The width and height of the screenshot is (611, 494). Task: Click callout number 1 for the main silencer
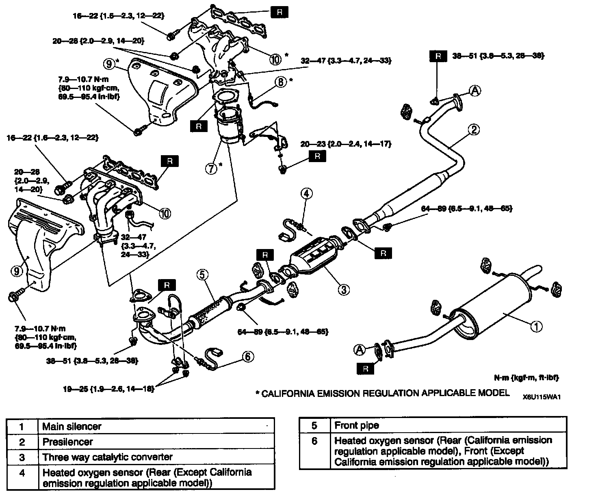(537, 326)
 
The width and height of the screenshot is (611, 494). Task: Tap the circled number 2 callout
(474, 130)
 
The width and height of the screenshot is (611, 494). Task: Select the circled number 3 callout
(343, 289)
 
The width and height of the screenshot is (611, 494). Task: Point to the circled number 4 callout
(307, 193)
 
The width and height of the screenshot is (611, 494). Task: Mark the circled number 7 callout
(211, 168)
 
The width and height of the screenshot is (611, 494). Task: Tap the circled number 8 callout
(280, 82)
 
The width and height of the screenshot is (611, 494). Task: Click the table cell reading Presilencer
(67, 442)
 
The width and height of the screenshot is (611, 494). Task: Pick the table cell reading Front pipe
(356, 425)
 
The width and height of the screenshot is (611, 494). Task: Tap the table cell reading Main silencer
(72, 427)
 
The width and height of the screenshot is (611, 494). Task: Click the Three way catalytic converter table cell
(108, 457)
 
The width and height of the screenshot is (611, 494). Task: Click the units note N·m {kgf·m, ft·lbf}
(526, 377)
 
